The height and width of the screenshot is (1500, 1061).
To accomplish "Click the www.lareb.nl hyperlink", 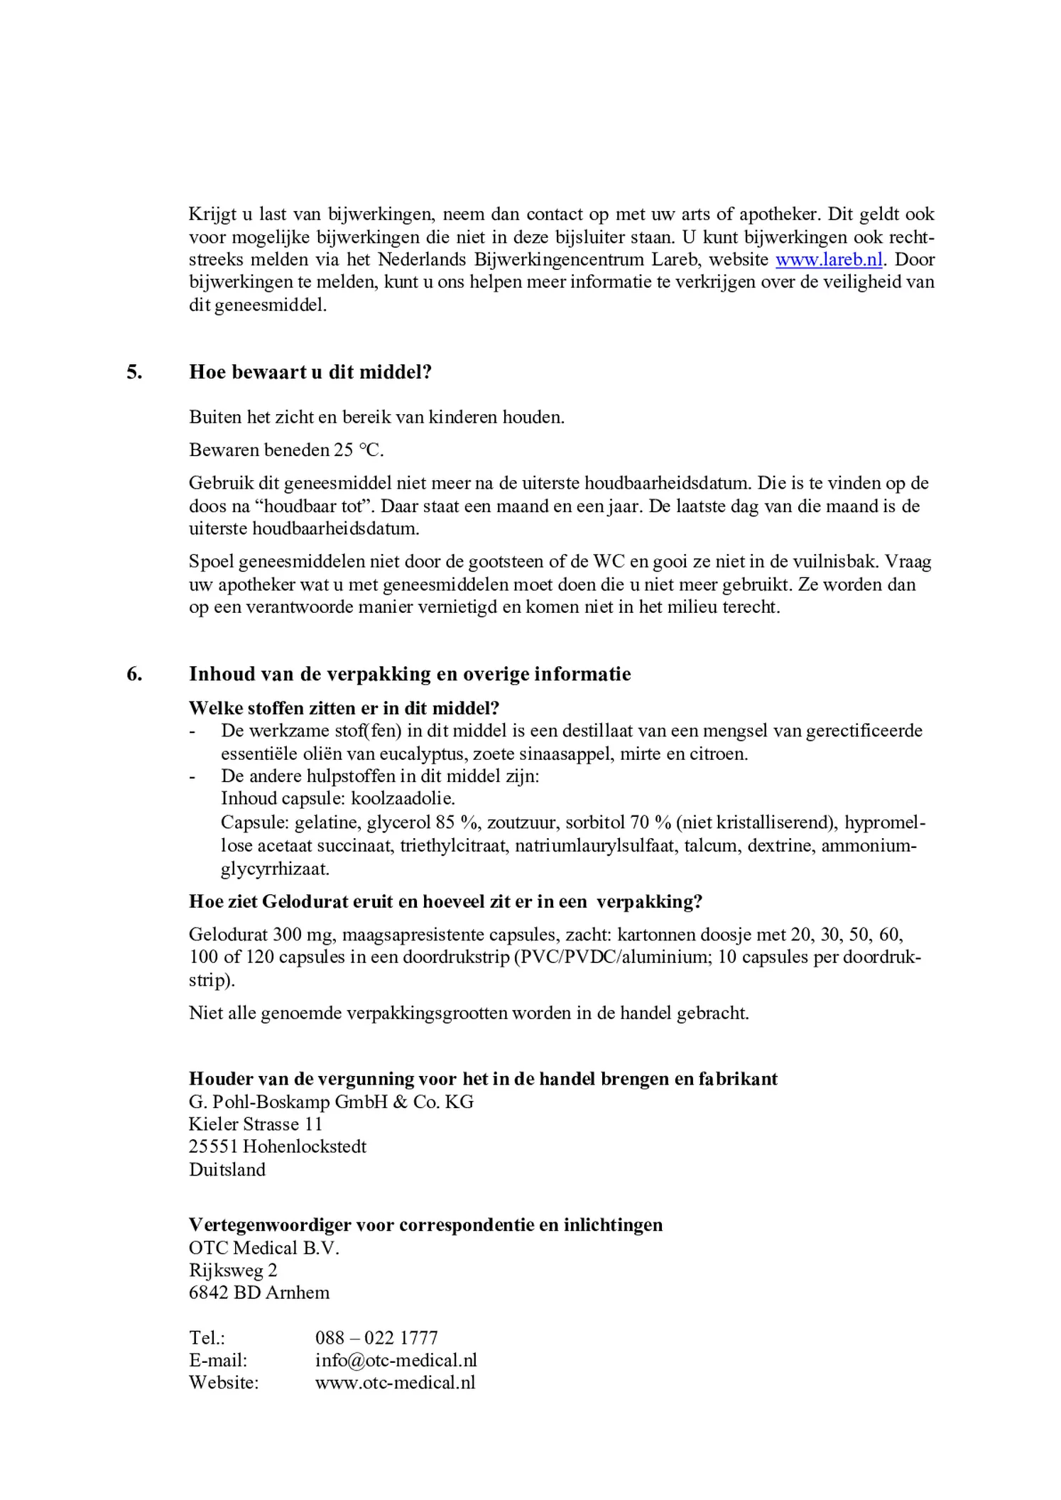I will click(828, 260).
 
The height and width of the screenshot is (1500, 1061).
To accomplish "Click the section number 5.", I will click(134, 372).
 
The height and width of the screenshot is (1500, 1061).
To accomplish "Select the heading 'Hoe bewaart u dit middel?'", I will click(310, 372).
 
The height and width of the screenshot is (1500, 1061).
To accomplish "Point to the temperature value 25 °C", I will click(358, 450).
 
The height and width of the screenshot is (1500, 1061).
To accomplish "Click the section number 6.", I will click(134, 674).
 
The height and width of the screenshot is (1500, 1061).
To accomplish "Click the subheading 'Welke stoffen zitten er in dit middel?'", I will click(344, 708).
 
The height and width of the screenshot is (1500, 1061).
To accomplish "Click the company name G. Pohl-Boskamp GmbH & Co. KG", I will click(331, 1102).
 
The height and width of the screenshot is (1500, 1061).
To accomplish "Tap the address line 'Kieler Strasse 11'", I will click(256, 1124).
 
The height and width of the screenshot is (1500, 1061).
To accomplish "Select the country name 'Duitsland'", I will click(227, 1170).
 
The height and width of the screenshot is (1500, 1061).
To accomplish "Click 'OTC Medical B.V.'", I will click(264, 1248).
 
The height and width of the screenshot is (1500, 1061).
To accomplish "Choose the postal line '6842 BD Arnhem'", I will click(259, 1293).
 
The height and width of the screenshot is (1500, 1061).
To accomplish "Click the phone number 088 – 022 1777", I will click(376, 1338).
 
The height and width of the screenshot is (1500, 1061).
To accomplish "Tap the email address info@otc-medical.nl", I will click(396, 1360).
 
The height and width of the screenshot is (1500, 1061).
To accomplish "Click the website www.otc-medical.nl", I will click(395, 1383).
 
